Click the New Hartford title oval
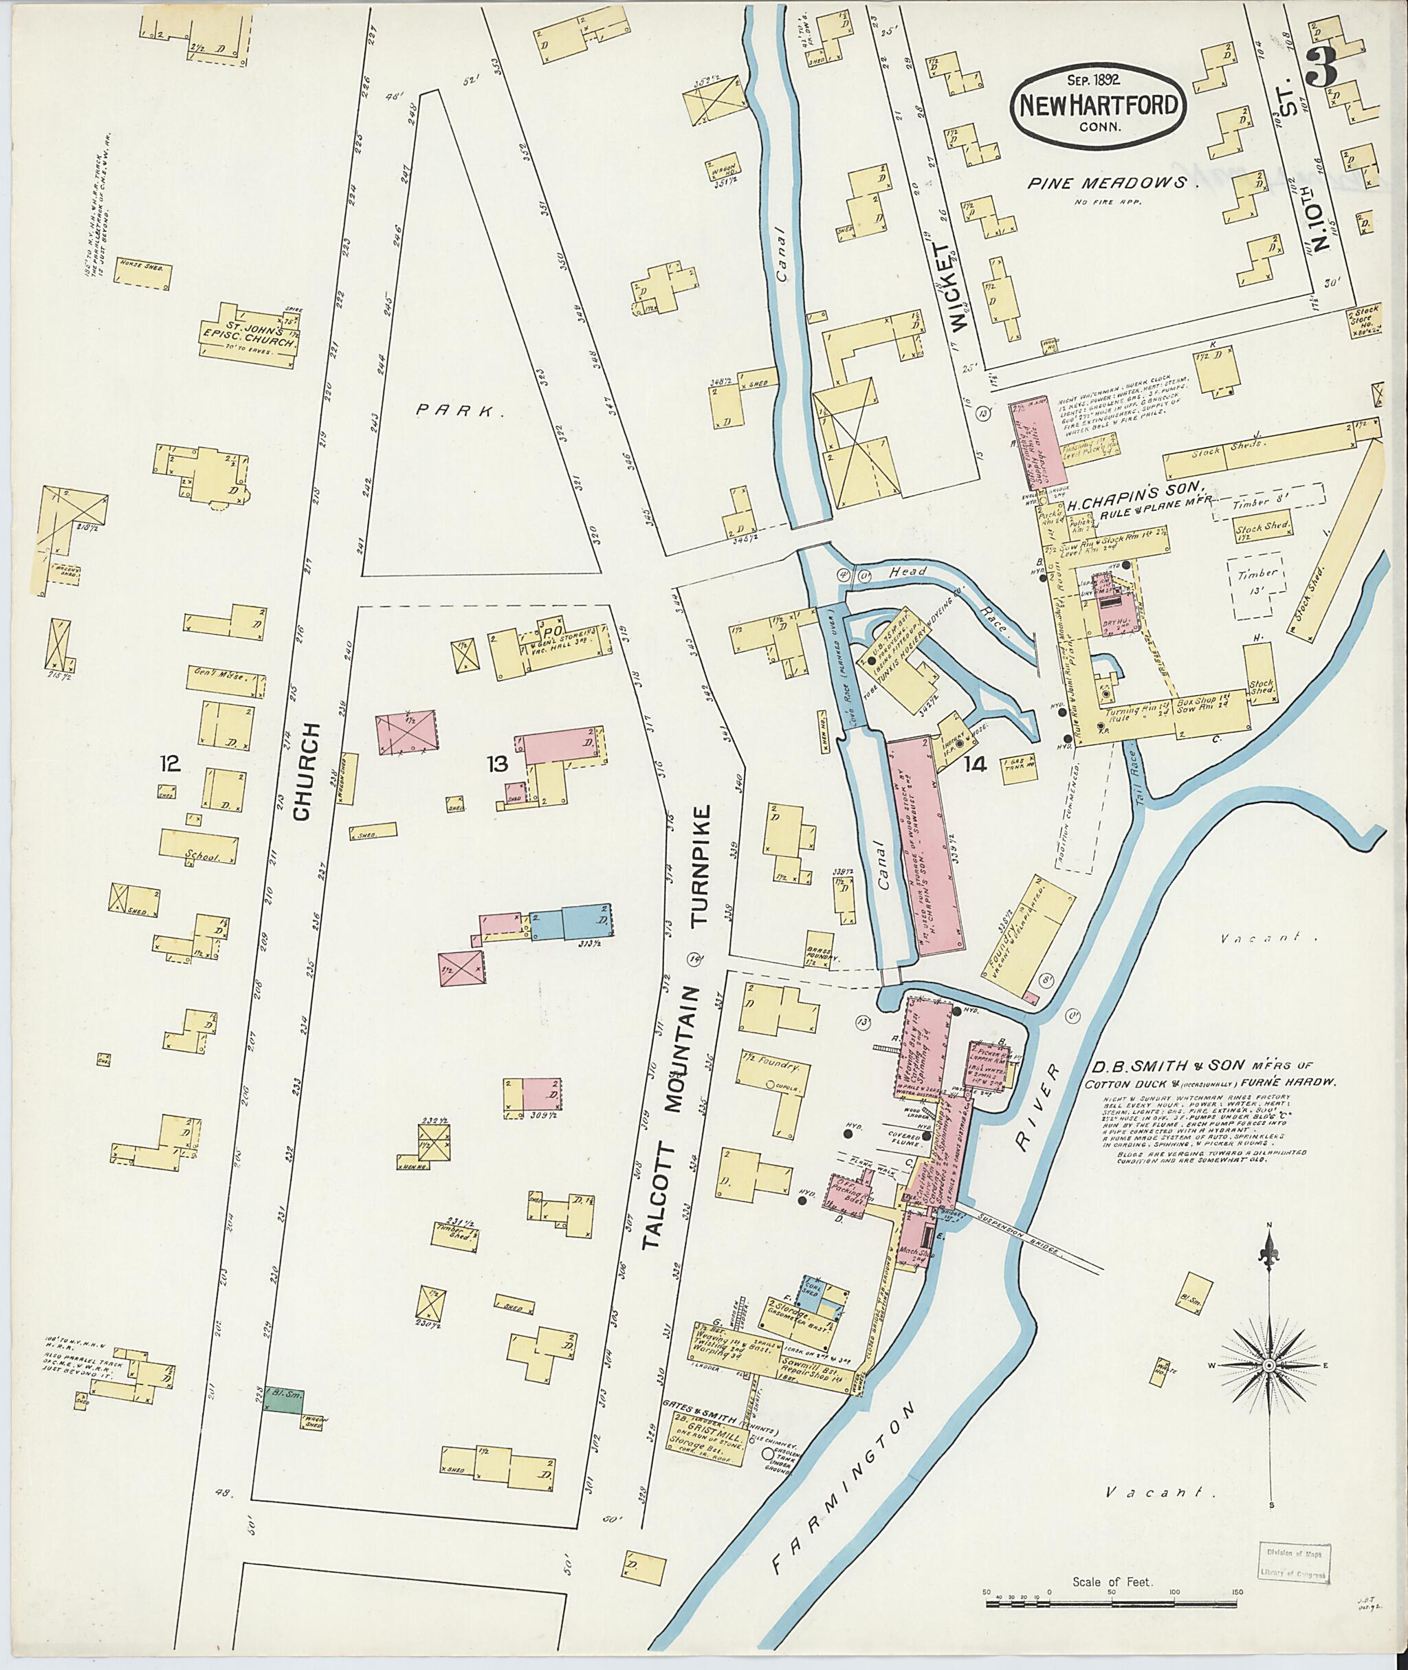[x=1099, y=106]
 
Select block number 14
[x=975, y=765]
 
